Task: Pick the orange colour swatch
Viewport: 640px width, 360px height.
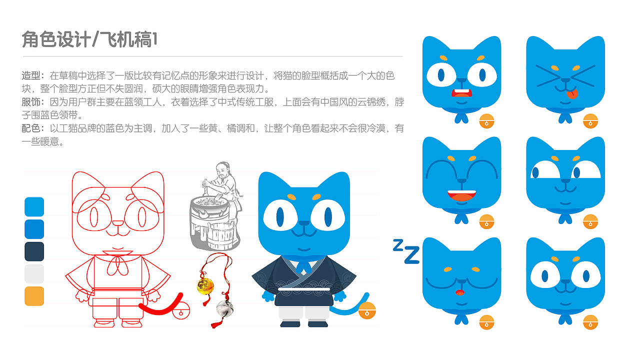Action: click(x=34, y=296)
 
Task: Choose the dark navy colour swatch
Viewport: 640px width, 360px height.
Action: click(x=34, y=251)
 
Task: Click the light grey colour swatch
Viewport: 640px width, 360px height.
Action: click(x=34, y=274)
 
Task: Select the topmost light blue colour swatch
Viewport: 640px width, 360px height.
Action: click(x=34, y=207)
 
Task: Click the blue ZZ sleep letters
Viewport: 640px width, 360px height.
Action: click(x=406, y=251)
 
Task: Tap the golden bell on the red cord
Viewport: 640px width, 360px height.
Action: click(x=205, y=285)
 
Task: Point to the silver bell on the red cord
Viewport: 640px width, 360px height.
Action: click(x=223, y=308)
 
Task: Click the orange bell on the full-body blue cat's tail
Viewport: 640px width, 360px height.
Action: click(x=367, y=310)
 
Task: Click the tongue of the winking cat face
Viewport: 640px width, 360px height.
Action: click(x=573, y=93)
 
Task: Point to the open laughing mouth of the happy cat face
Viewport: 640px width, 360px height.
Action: click(x=461, y=195)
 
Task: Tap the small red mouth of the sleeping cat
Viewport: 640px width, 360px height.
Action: click(x=460, y=292)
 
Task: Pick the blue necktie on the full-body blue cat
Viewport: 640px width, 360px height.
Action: click(x=302, y=266)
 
